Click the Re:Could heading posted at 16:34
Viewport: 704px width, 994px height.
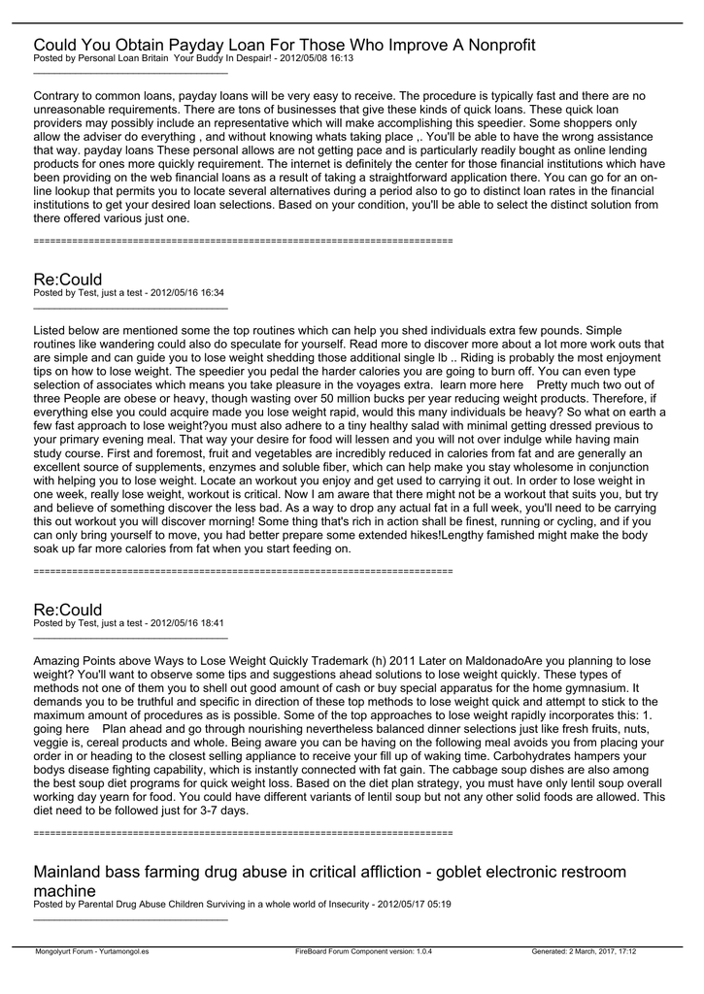67,280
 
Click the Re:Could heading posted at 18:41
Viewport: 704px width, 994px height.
67,610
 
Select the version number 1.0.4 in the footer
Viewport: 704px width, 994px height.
421,951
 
